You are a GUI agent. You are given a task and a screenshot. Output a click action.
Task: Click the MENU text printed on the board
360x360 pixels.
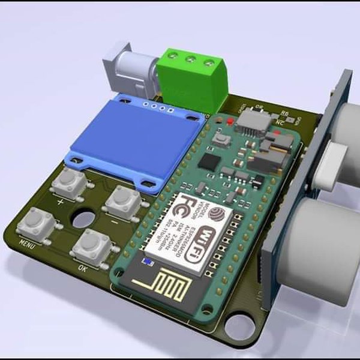(x=26, y=244)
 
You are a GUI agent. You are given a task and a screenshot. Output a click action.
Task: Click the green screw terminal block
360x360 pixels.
(x=194, y=77)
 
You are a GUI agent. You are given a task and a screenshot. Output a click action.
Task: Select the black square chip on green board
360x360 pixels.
(x=209, y=161)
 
